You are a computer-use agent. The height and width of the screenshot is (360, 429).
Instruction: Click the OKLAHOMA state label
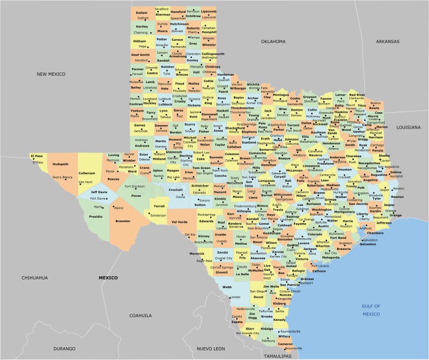pos(273,41)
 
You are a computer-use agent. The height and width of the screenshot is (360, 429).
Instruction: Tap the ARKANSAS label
pos(387,41)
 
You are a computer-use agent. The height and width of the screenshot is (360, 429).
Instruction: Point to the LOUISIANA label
pos(409,127)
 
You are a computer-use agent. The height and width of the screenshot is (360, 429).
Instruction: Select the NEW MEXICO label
pos(51,74)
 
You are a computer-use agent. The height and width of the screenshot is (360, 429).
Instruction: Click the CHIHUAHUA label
pos(35,277)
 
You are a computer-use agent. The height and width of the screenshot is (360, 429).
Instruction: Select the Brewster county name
pos(122,221)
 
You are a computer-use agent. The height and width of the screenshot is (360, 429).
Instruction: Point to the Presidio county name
pos(95,216)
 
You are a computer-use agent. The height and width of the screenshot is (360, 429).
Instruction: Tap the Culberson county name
pos(86,173)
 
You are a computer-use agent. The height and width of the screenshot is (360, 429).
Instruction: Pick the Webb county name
pos(226,287)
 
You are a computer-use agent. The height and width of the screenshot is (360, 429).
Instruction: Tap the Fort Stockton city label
pos(135,186)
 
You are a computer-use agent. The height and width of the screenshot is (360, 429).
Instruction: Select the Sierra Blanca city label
pos(62,177)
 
